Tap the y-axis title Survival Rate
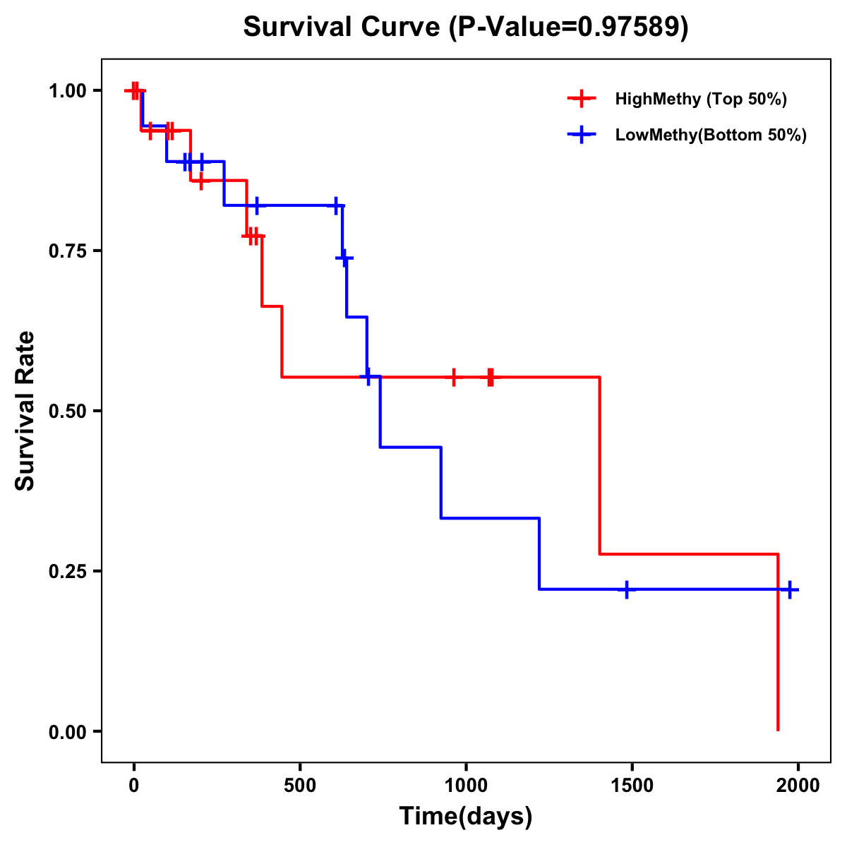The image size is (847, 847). point(25,411)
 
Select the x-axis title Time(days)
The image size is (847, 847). point(466,816)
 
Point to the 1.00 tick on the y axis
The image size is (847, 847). point(67,90)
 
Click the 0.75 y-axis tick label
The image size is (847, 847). point(67,251)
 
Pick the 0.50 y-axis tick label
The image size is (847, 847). point(67,411)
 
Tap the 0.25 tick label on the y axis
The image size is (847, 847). point(67,571)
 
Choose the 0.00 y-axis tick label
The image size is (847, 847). point(67,731)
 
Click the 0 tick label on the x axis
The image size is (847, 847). point(133,786)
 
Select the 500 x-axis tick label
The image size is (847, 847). point(300,786)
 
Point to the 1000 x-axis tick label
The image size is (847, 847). point(466,786)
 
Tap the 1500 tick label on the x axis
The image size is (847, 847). point(632,786)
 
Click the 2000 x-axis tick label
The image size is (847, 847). point(798,786)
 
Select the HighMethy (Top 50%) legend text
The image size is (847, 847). point(701,99)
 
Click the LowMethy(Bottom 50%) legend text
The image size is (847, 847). point(711,135)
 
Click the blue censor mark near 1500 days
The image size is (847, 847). point(626,589)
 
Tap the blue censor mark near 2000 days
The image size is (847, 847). point(790,589)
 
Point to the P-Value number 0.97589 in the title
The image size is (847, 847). point(630,27)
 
